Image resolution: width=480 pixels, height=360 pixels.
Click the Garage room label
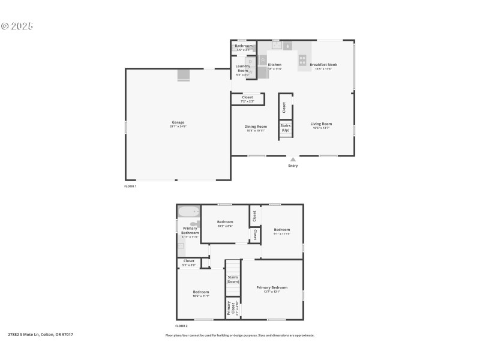178,122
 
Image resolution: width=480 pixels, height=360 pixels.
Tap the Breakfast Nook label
323,64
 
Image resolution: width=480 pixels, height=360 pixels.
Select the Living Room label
322,124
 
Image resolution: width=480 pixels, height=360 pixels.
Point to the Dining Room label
256,126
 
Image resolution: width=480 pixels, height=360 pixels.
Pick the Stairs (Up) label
286,128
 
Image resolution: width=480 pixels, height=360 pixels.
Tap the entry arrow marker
293,159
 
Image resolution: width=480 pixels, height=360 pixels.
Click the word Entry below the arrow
293,166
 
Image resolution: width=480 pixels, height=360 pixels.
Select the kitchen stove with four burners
303,60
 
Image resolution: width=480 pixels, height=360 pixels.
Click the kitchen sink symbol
277,44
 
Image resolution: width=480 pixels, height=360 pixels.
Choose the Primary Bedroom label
272,287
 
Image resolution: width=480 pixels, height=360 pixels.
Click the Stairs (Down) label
233,279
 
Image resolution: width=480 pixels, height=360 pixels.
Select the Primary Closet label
230,308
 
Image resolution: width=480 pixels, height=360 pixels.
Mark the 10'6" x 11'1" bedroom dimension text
200,296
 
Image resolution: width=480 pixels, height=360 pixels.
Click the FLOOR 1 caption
130,187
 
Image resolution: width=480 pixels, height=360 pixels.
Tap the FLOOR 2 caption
181,326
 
